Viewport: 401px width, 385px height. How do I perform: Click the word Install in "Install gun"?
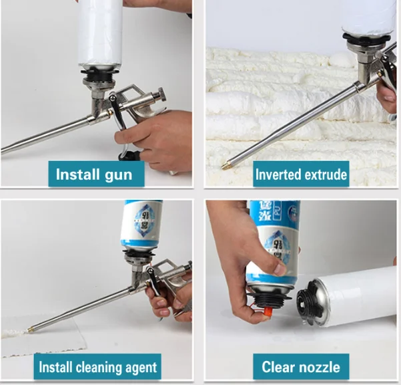(77, 175)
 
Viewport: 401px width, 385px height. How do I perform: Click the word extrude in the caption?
(326, 175)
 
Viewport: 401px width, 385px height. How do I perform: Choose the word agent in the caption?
(140, 368)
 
